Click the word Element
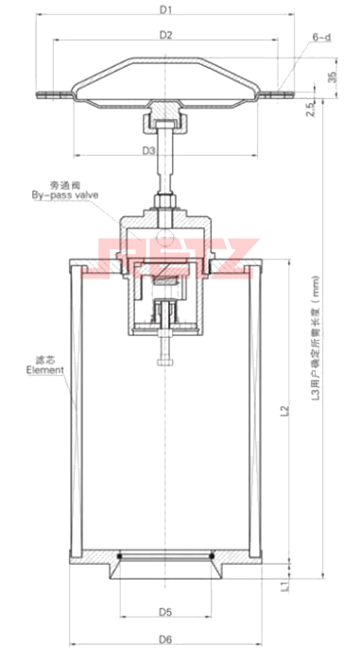pyautogui.click(x=39, y=370)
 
